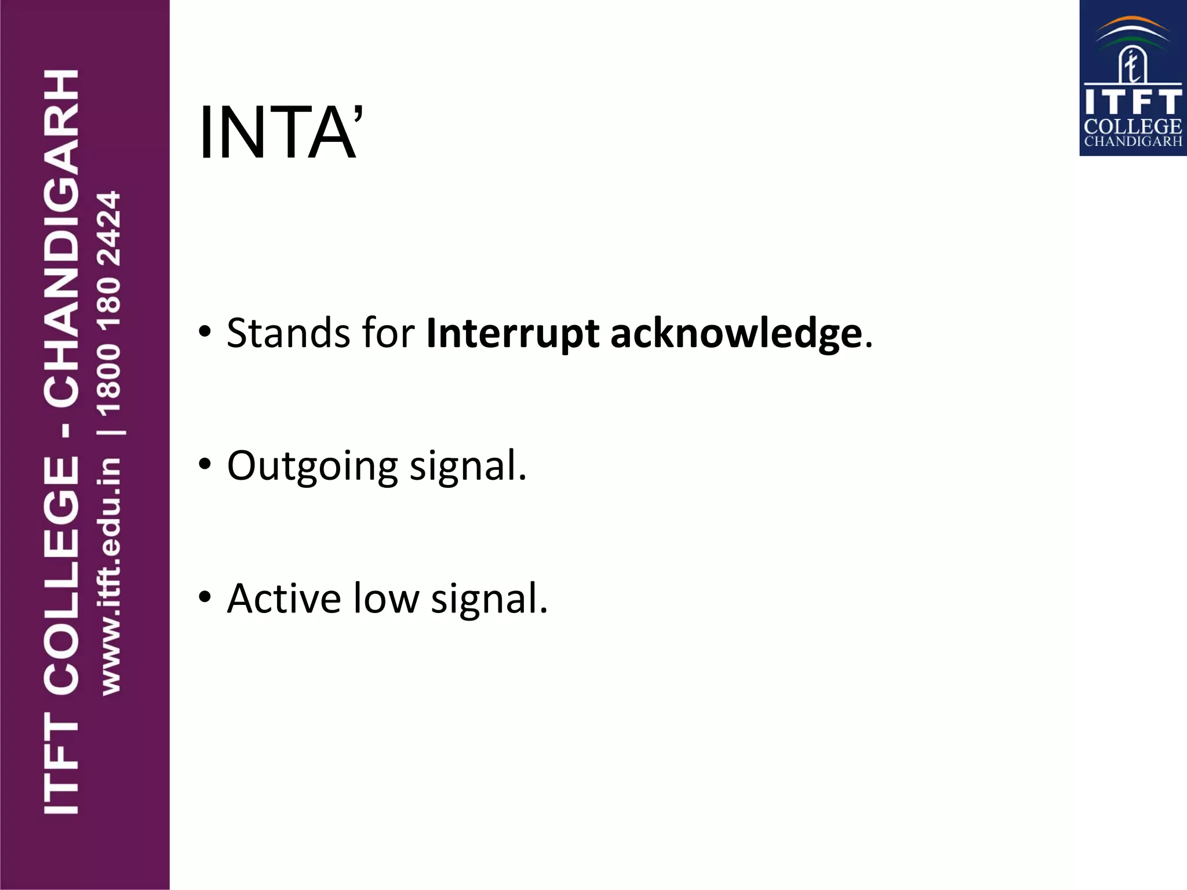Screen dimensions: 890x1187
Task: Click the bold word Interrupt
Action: click(x=512, y=334)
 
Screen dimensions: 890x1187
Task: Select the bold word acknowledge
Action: click(x=736, y=334)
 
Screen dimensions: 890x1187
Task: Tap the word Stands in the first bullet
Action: click(x=288, y=333)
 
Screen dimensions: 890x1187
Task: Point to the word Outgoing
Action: click(x=312, y=466)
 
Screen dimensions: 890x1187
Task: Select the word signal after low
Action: click(x=489, y=599)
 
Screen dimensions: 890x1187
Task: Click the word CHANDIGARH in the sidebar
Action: click(x=61, y=238)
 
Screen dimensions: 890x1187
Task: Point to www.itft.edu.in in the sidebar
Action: click(x=110, y=577)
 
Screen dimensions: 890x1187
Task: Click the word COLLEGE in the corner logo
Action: click(x=1133, y=127)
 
